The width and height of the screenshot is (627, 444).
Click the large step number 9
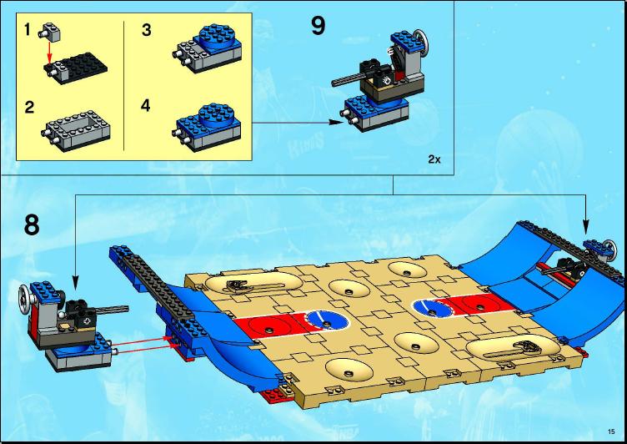pos(319,26)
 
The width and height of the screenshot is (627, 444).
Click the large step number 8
pos(32,225)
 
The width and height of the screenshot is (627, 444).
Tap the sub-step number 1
pos(28,29)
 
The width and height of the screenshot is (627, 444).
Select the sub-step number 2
pos(29,107)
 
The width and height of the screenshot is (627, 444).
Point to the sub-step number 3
pos(147,30)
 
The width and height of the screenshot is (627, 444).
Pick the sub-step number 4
pos(146,106)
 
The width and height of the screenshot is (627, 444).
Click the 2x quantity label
pos(434,159)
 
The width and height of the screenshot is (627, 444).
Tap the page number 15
pos(610,431)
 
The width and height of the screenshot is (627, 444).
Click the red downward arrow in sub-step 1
pos(49,52)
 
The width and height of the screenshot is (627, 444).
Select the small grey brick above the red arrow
pos(49,31)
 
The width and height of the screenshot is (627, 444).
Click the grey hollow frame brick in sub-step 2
pos(76,130)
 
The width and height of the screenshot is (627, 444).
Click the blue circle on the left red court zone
pos(327,321)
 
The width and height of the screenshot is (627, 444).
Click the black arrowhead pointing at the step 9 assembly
pos(336,122)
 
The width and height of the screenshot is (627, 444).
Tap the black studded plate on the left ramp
pos(158,286)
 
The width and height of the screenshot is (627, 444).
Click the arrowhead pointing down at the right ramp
pos(586,226)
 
